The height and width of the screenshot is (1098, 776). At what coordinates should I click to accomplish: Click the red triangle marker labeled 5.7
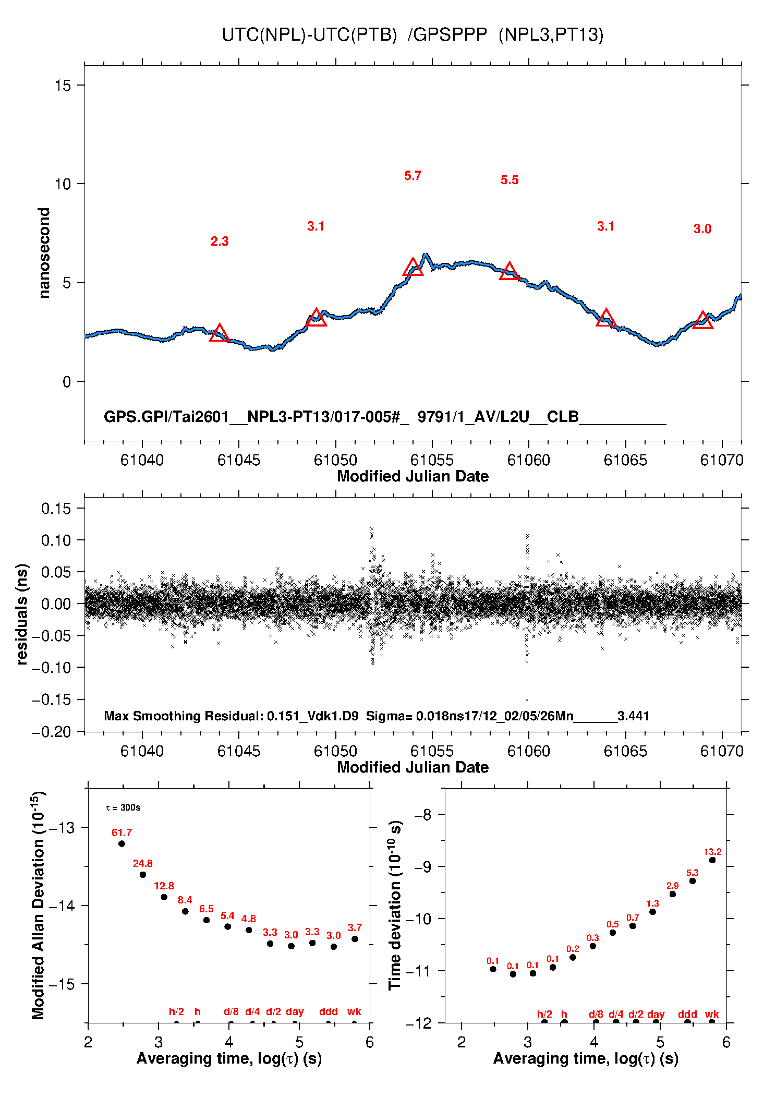(413, 268)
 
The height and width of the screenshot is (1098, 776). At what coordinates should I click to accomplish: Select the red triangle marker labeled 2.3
(220, 333)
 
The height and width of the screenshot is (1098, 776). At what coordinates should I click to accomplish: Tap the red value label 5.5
(510, 180)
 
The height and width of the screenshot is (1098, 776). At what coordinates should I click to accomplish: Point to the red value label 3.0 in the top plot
(702, 229)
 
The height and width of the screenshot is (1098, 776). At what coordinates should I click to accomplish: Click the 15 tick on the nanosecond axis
(63, 86)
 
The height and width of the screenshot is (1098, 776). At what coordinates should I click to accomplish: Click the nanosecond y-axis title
(44, 253)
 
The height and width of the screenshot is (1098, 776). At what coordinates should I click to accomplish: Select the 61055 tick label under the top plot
(432, 460)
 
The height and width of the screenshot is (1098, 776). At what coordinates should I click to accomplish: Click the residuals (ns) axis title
(22, 614)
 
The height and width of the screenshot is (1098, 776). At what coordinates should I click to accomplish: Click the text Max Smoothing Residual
(184, 716)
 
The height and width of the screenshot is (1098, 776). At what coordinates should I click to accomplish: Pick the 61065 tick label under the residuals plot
(625, 751)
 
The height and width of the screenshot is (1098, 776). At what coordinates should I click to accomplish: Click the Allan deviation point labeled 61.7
(122, 843)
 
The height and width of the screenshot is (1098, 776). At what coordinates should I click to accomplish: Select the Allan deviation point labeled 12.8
(164, 897)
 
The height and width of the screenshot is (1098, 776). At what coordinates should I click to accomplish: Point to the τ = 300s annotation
(123, 808)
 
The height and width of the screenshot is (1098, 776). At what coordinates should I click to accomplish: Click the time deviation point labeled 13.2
(712, 860)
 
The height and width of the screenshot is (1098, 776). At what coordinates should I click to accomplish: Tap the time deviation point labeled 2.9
(673, 894)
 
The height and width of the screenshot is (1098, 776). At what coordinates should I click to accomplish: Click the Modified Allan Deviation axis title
(38, 905)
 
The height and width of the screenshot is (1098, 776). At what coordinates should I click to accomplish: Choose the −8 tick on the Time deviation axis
(425, 815)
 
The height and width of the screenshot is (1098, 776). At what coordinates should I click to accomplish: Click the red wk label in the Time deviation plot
(712, 1014)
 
